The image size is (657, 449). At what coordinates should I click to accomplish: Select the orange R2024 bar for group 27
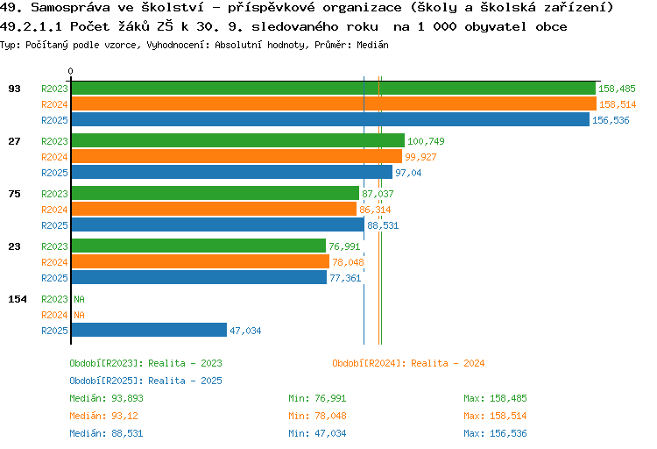click(237, 157)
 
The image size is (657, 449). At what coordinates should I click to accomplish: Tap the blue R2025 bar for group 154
click(149, 331)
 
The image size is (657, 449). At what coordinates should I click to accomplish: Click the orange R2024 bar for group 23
click(200, 262)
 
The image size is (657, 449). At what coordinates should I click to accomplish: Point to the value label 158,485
click(617, 89)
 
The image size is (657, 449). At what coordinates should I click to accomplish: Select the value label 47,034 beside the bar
click(245, 331)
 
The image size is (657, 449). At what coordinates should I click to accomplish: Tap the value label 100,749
click(427, 141)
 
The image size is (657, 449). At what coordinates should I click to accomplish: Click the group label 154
click(18, 299)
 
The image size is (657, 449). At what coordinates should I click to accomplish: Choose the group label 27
click(14, 141)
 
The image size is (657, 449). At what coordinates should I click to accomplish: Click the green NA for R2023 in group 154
click(79, 299)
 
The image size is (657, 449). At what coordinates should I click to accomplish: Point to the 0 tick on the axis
click(71, 71)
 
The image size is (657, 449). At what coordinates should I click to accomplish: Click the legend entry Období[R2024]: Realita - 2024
click(408, 363)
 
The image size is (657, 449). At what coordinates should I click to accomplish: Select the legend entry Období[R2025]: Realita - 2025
click(145, 381)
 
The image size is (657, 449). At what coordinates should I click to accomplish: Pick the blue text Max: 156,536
click(496, 433)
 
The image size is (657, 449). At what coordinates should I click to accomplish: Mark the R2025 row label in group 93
click(54, 120)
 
